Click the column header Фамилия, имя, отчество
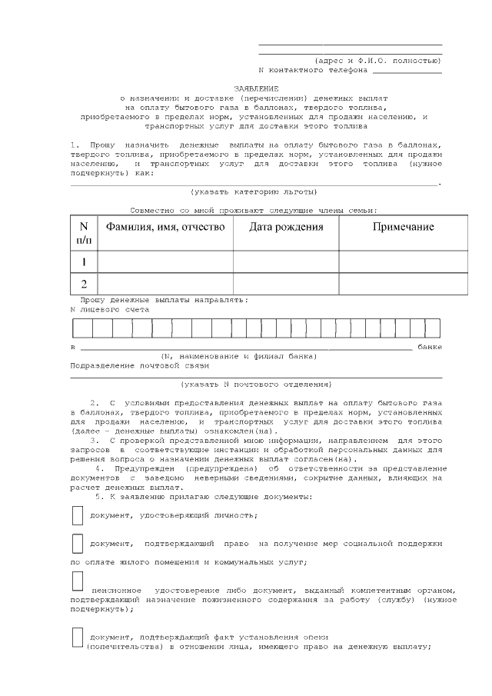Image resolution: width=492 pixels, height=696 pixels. (x=165, y=227)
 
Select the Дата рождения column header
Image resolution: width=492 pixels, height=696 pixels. (x=286, y=227)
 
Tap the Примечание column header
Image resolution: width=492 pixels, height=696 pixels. (x=403, y=227)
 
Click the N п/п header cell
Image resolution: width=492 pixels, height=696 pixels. (x=84, y=233)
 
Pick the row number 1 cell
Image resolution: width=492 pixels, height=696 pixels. (x=84, y=261)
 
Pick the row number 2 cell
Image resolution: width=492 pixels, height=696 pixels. (x=84, y=283)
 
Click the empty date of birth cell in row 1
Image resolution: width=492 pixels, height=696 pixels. (x=286, y=261)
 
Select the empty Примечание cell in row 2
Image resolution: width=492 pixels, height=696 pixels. (x=403, y=283)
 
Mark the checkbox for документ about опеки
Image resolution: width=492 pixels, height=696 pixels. (x=77, y=637)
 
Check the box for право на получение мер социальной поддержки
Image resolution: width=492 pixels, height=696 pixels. (x=77, y=542)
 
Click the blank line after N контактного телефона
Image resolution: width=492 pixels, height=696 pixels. (x=407, y=71)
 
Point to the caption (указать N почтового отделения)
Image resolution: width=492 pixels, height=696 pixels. (x=255, y=383)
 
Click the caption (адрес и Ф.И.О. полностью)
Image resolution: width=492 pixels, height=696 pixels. (x=377, y=60)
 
